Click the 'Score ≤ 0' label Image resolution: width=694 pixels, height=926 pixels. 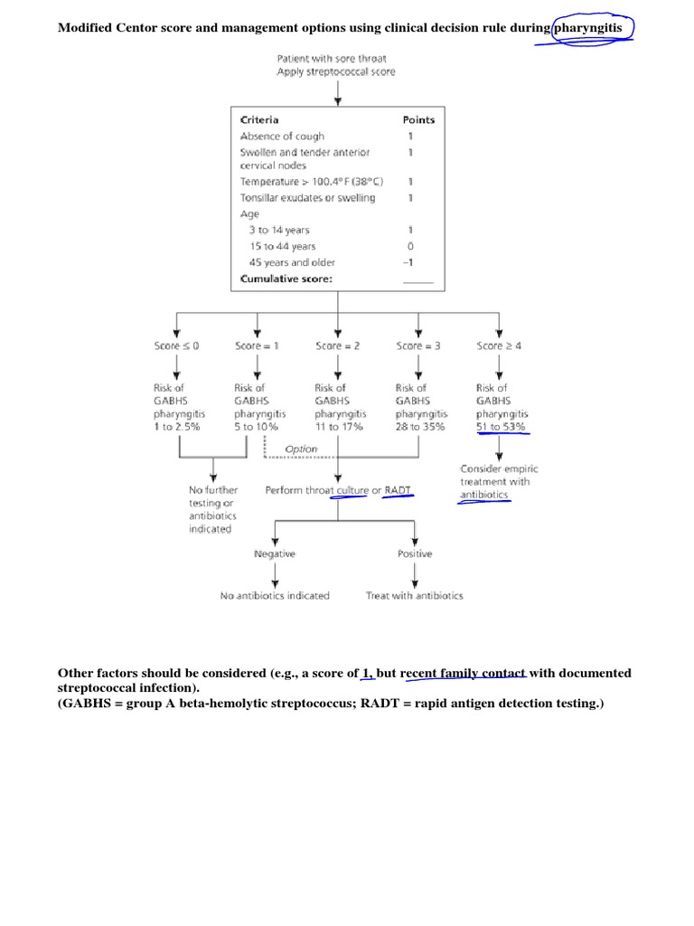tap(177, 346)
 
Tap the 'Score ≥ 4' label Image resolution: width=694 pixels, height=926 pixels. tap(499, 346)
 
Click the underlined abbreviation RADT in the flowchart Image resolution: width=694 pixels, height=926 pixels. tap(398, 490)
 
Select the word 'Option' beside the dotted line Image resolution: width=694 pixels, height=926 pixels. tap(301, 449)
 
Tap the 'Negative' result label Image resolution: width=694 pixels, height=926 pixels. tap(275, 553)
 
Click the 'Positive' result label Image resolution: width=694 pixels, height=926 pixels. tap(415, 553)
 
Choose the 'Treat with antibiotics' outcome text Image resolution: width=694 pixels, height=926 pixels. tap(415, 596)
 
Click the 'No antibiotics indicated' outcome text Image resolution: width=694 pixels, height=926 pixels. tap(275, 596)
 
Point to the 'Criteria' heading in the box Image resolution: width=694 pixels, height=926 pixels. tap(259, 120)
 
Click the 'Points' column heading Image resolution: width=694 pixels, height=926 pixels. tap(417, 120)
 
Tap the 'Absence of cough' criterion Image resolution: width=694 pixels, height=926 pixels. tap(282, 137)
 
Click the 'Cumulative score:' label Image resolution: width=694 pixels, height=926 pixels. tap(286, 279)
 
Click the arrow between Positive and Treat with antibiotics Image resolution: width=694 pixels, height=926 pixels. tap(415, 574)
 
